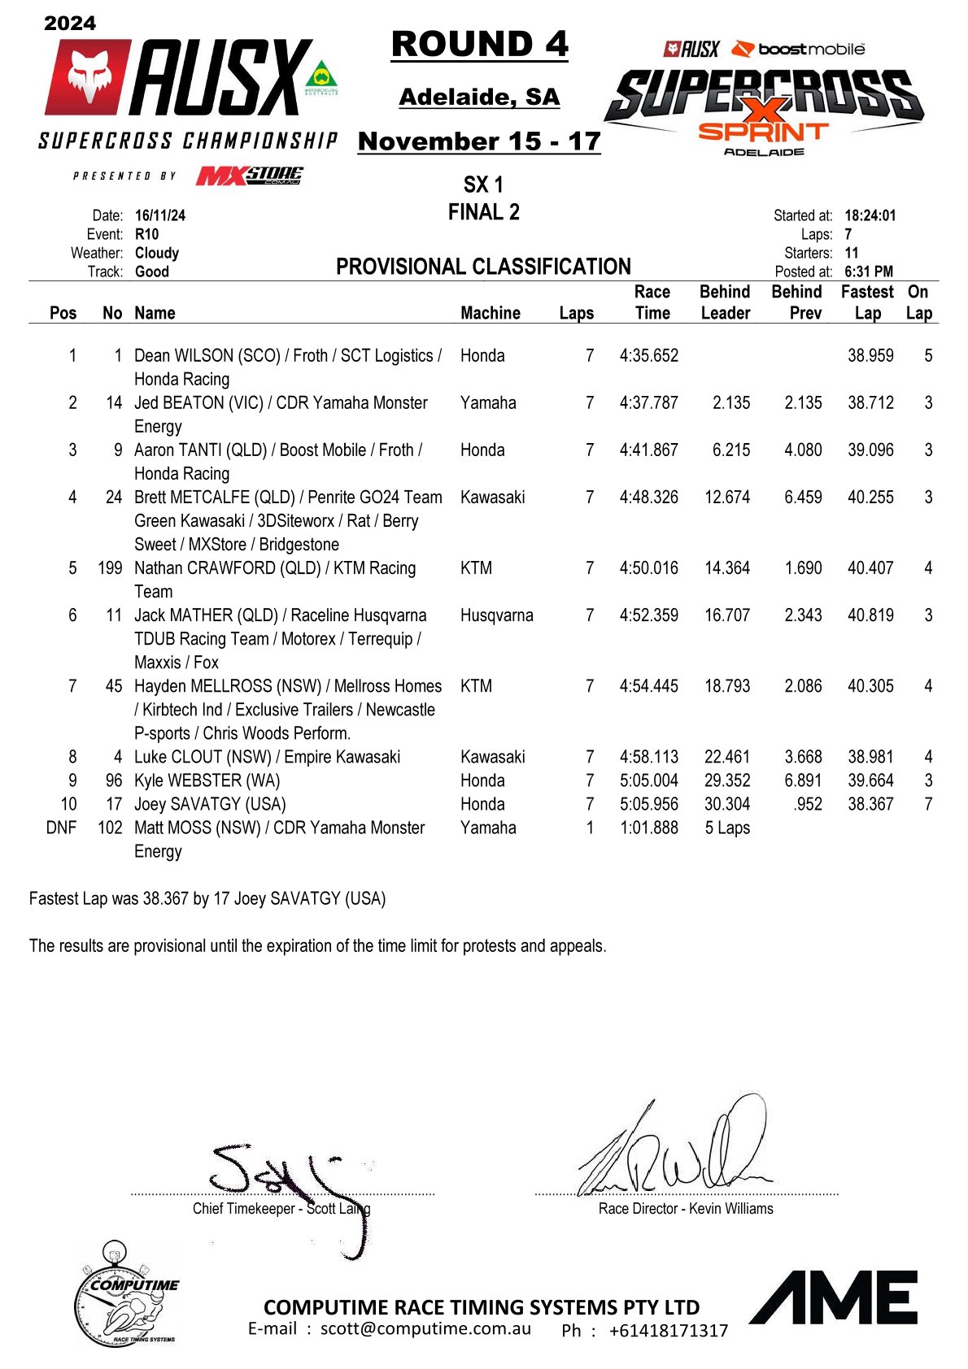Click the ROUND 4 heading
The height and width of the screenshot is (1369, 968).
click(x=479, y=45)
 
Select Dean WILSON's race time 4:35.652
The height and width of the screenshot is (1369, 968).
click(x=648, y=356)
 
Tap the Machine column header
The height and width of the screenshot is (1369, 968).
click(x=490, y=313)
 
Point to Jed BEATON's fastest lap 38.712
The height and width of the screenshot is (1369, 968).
click(x=870, y=403)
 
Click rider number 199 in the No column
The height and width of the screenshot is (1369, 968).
click(x=110, y=568)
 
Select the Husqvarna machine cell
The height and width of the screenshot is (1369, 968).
click(x=496, y=615)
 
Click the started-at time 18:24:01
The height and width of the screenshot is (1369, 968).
click(x=870, y=215)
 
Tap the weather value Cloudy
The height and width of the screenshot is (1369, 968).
click(x=156, y=253)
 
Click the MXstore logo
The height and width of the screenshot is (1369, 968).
click(x=249, y=176)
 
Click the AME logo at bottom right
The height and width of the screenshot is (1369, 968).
click(x=834, y=1297)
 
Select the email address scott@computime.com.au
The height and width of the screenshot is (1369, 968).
click(x=425, y=1328)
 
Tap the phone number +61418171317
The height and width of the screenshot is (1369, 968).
click(x=668, y=1331)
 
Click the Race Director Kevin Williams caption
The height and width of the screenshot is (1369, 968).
click(x=685, y=1209)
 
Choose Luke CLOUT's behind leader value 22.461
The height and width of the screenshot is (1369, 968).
click(x=726, y=757)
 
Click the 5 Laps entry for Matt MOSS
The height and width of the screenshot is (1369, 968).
click(x=726, y=828)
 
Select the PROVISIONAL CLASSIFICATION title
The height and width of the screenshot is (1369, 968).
click(x=483, y=267)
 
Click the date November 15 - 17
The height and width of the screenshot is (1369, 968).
click(x=479, y=141)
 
